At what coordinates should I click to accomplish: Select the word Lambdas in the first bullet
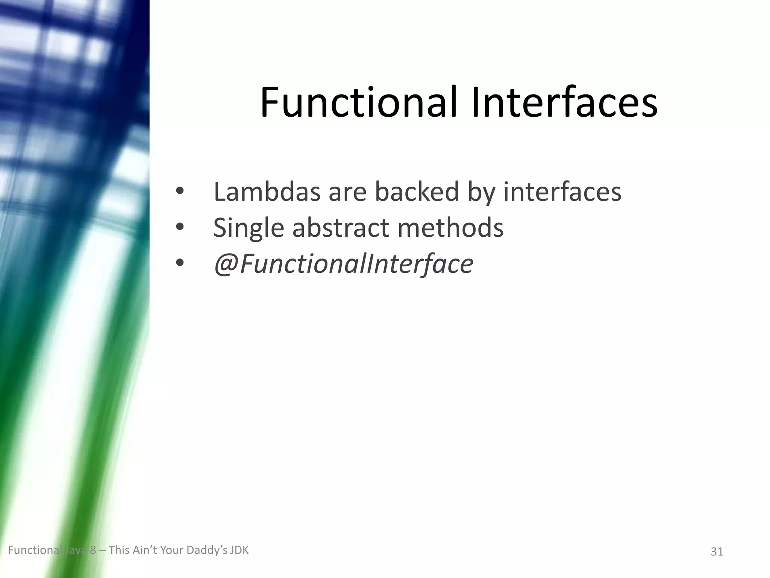point(267,192)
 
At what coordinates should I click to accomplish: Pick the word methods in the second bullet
point(450,228)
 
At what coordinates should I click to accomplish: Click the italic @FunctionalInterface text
point(343,264)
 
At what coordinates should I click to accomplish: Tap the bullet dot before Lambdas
point(180,192)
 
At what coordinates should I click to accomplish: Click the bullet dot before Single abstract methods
point(180,227)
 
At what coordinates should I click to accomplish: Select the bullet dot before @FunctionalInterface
point(180,263)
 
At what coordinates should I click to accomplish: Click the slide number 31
point(717,552)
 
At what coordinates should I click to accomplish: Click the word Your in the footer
point(172,550)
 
